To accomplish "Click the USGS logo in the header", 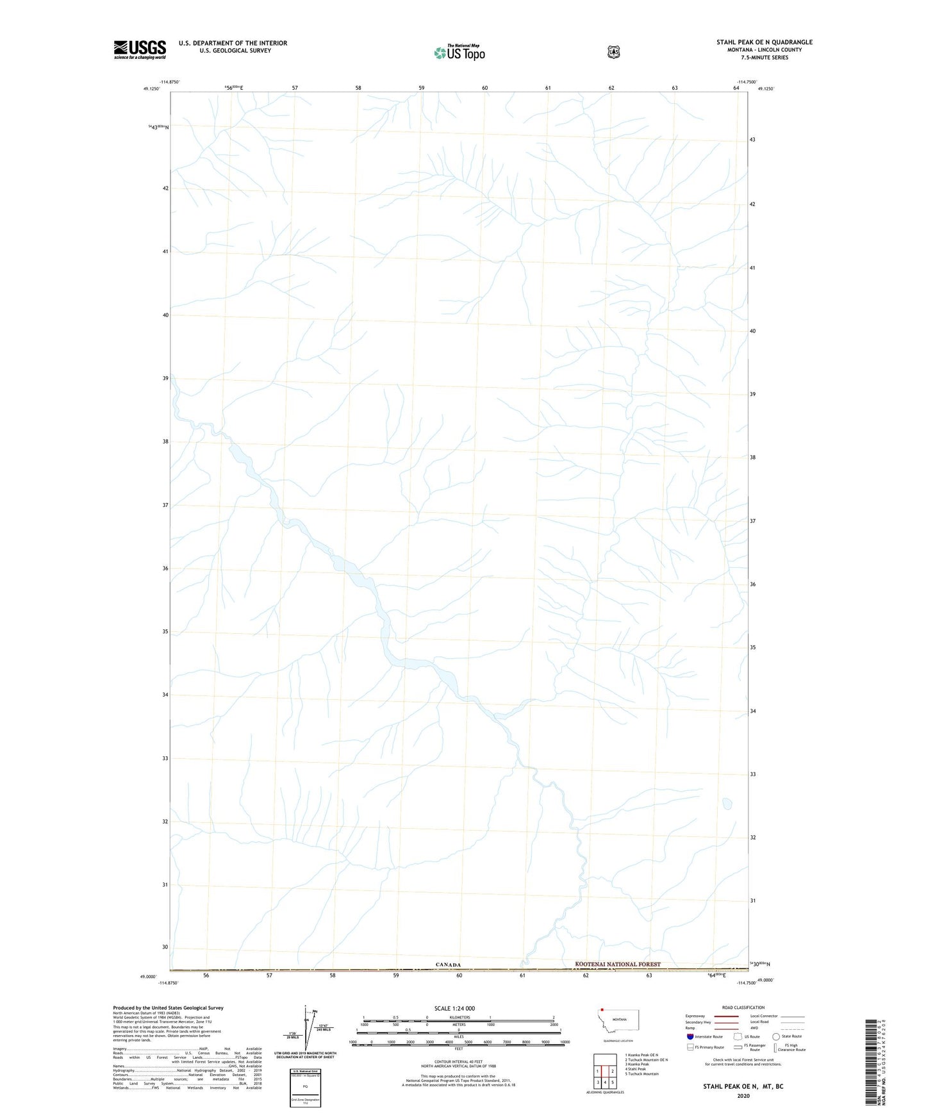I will [x=140, y=49].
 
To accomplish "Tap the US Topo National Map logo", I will [x=459, y=53].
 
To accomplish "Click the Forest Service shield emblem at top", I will [x=614, y=52].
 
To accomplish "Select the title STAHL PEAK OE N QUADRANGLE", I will [x=764, y=42].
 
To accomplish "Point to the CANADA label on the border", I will [x=448, y=965].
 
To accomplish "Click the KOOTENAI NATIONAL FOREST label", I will [x=617, y=964].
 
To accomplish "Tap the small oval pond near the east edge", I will [x=727, y=803].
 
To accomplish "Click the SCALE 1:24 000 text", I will [x=454, y=1008].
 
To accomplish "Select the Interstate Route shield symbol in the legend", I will [x=690, y=1036].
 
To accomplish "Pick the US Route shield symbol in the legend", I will [x=738, y=1036].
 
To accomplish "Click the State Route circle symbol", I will [x=776, y=1036].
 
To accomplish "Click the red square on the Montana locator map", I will [x=602, y=1010].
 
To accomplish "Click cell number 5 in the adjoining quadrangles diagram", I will [x=612, y=1082].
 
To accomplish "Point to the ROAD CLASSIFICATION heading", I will [x=743, y=1007].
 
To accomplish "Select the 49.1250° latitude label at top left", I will [x=151, y=89].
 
